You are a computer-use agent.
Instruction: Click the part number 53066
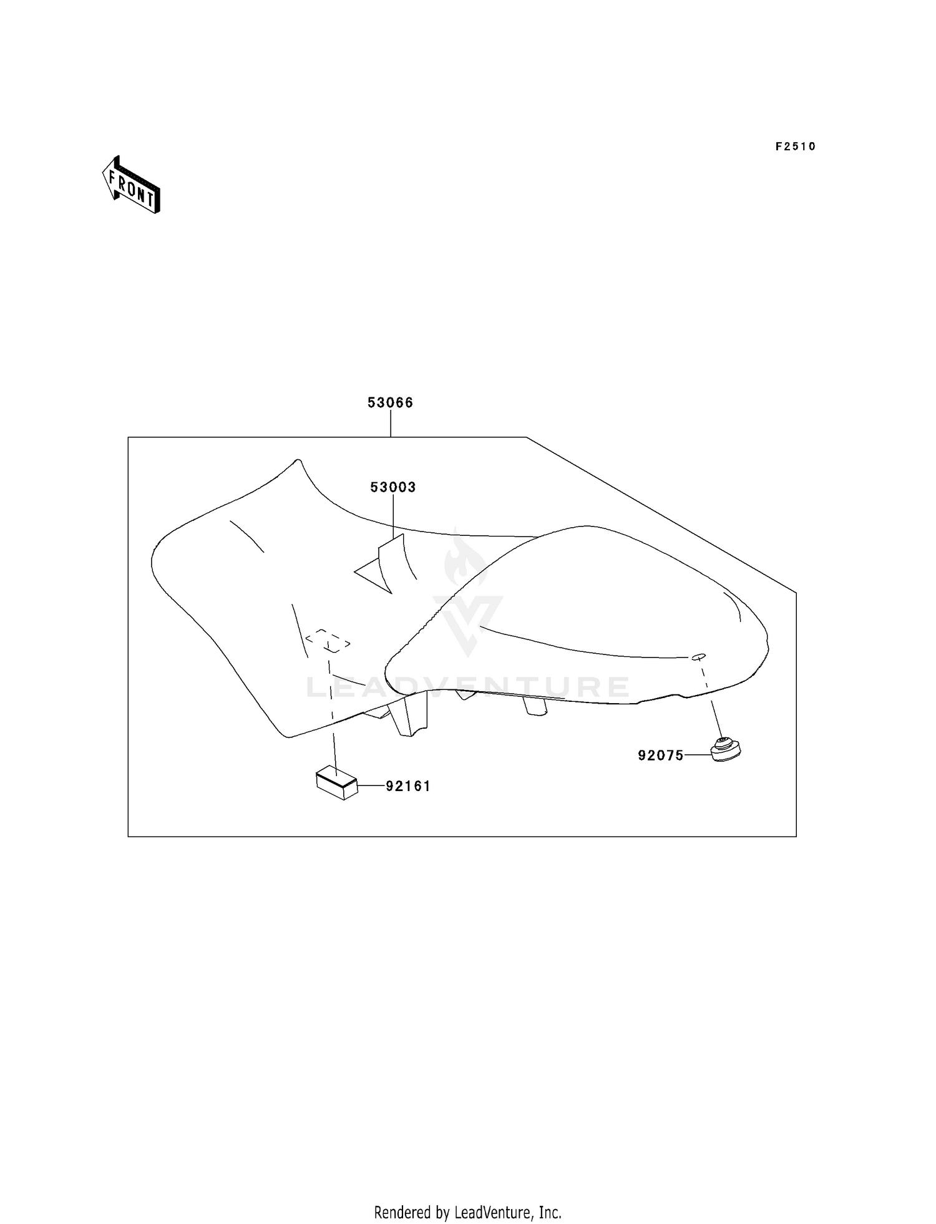coord(390,403)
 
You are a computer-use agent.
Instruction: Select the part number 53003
coord(393,487)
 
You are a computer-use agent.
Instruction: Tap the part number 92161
coord(408,786)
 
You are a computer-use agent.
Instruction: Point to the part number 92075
coord(661,755)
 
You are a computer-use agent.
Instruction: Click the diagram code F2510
coord(796,147)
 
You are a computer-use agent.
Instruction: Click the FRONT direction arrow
coord(132,185)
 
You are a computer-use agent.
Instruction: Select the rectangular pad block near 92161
coord(336,782)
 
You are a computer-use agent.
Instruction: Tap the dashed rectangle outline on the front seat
coord(328,641)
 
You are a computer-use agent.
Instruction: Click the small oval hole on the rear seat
coord(699,656)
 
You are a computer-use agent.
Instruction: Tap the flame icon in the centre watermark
coord(465,558)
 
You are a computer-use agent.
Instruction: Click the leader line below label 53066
coord(391,424)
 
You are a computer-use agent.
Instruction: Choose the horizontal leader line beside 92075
coord(698,755)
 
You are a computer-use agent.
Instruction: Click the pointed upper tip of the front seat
coord(298,460)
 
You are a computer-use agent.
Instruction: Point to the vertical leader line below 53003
coord(394,517)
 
